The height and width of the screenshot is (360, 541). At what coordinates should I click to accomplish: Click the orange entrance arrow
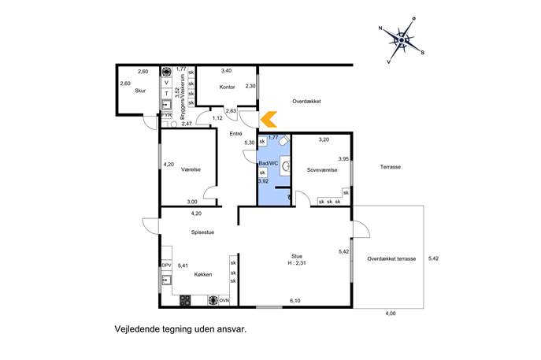pos(268,120)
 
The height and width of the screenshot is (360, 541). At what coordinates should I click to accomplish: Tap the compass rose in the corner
pos(402,40)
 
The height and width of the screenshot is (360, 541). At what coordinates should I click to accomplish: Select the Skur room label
pos(140,91)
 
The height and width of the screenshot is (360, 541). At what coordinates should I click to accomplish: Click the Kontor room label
pos(227,87)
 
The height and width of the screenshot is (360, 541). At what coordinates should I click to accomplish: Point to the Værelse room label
pos(191,169)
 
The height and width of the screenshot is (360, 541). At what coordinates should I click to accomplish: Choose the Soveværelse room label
pos(322,170)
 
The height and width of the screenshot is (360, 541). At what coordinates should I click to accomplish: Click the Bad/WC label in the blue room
pos(269,164)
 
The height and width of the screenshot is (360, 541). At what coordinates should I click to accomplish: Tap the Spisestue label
pos(202,232)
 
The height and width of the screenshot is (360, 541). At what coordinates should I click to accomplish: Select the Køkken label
pos(203,274)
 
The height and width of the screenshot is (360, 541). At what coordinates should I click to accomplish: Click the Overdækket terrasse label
pos(391,258)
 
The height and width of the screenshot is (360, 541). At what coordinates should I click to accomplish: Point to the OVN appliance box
pos(224,301)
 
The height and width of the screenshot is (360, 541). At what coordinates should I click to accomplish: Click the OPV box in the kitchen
pos(167,265)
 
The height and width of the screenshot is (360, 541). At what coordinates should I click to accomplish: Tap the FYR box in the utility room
pos(167,114)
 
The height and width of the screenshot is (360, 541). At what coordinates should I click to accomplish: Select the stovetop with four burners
pos(185,300)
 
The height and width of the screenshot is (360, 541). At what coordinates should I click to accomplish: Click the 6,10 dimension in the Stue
pos(295,301)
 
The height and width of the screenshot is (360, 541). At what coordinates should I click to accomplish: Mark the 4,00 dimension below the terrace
pos(391,314)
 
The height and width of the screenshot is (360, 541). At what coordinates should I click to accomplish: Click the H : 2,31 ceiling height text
pos(297,262)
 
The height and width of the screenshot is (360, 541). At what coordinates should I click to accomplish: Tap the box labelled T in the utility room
pos(167,94)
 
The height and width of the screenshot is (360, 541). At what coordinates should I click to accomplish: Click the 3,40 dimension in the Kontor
pos(226,70)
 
